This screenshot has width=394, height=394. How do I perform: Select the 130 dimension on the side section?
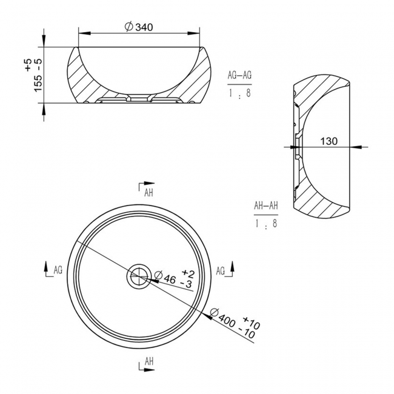329,141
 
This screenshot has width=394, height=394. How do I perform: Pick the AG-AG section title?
239,75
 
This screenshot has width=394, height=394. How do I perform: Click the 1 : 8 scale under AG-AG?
239,93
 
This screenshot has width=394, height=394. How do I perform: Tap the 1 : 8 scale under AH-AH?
265,223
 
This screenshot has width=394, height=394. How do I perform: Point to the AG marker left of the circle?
56,269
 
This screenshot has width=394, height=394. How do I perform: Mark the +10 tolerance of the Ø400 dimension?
251,322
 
